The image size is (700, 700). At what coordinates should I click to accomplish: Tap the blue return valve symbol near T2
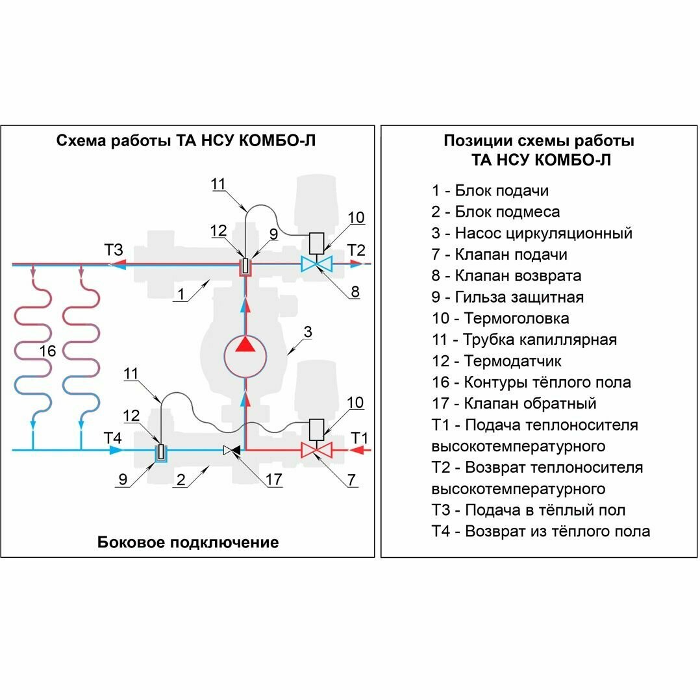(316, 264)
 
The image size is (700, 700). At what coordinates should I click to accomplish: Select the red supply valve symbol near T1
(316, 449)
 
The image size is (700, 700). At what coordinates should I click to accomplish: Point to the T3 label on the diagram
(113, 250)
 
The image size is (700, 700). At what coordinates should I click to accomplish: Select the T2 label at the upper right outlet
(356, 250)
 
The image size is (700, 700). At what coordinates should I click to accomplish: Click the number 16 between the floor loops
(48, 351)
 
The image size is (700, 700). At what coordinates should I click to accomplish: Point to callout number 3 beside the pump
(308, 332)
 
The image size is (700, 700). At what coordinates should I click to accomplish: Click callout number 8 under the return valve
(355, 292)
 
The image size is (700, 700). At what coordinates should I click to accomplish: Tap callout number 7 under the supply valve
(351, 481)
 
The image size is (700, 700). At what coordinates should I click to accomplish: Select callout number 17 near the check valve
(273, 481)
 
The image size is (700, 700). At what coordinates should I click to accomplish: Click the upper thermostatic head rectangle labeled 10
(316, 244)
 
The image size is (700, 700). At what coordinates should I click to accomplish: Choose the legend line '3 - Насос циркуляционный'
(532, 233)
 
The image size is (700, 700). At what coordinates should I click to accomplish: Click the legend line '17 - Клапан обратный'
(514, 403)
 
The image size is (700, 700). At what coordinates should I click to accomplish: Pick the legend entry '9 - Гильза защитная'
(507, 297)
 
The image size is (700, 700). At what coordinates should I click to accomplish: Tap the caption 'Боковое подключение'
(188, 542)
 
